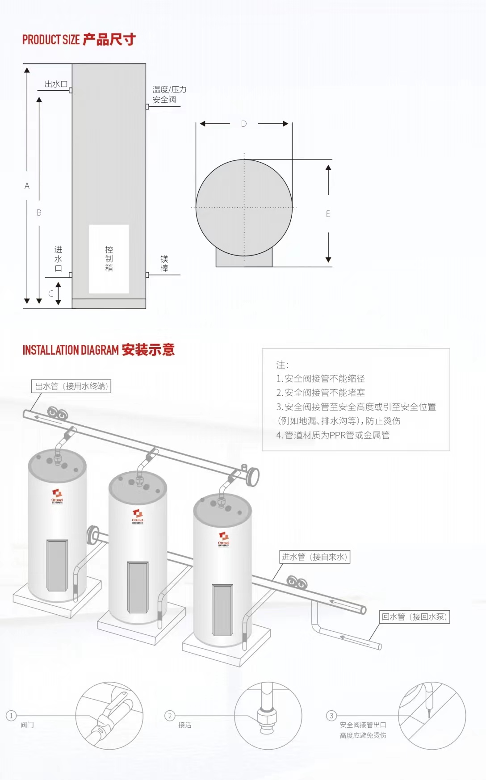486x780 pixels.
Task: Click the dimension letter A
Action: (27, 186)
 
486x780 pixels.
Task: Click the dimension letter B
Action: (39, 213)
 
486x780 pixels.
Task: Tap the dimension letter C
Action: (51, 294)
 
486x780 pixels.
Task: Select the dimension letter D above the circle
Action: (244, 124)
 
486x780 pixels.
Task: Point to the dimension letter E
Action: (328, 214)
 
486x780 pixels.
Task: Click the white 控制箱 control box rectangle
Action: (109, 259)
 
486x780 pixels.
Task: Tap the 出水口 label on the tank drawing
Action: (56, 84)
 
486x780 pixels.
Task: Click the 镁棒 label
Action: (164, 264)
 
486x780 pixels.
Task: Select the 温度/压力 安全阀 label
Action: (169, 94)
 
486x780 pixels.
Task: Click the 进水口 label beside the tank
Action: (58, 259)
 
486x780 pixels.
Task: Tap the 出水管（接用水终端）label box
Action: (71, 386)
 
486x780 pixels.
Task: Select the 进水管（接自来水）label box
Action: (314, 557)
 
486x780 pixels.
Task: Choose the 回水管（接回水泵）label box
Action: (414, 617)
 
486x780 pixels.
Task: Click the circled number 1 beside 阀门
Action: (11, 716)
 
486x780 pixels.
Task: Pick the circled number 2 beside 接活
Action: (170, 716)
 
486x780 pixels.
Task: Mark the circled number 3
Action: (331, 716)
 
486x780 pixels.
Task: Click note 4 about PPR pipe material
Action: (333, 435)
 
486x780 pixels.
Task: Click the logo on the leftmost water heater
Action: (57, 496)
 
